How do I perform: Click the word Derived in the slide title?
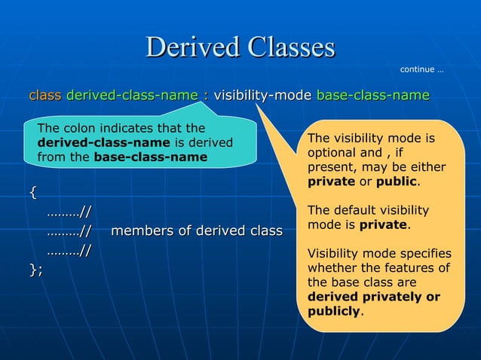coord(186,47)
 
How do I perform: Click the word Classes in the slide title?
coord(283,47)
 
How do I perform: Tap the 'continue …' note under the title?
coord(421,70)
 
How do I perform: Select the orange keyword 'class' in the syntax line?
coord(44,96)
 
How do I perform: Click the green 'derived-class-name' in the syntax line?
coord(132,96)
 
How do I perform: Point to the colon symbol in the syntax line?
coord(206,96)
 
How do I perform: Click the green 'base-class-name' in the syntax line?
coord(372,96)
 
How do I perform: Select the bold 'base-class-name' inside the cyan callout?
coord(150,157)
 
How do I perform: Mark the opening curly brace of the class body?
coord(32,192)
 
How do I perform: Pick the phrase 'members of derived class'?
coord(197,230)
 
